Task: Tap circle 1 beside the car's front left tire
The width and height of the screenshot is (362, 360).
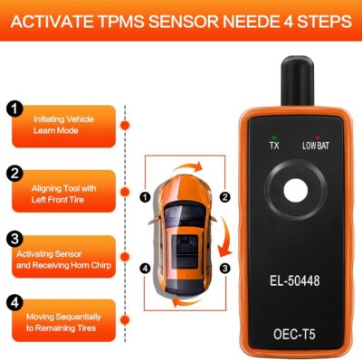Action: tap(146, 195)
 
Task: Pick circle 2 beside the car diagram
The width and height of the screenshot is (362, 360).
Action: tap(226, 195)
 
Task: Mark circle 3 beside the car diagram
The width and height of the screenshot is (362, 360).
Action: tap(226, 269)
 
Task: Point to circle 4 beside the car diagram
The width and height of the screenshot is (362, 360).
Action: tap(146, 269)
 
